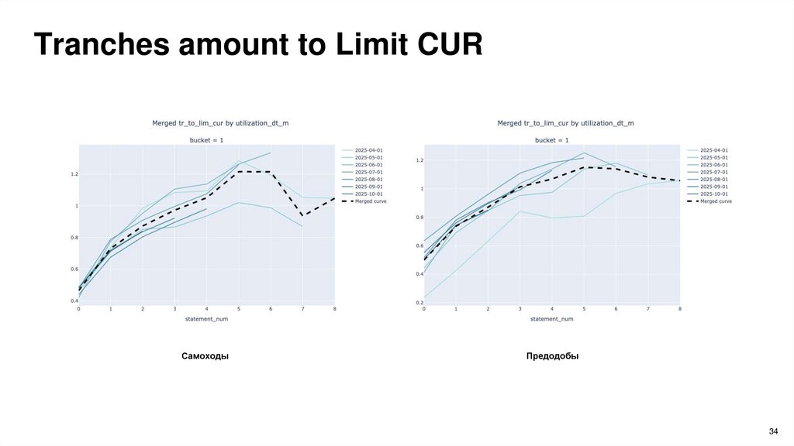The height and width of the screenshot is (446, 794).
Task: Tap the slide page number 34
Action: [x=772, y=431]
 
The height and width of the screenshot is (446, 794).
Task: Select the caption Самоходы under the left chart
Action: [x=205, y=356]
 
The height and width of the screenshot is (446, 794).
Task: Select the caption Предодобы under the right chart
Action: [x=552, y=356]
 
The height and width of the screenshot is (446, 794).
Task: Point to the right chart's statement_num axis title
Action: [x=552, y=319]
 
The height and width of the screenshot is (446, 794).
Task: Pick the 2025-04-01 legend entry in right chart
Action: [x=713, y=150]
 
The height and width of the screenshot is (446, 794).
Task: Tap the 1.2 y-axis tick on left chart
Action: [x=74, y=174]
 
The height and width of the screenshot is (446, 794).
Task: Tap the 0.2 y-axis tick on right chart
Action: [x=419, y=302]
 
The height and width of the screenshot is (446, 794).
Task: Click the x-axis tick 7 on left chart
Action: [x=302, y=309]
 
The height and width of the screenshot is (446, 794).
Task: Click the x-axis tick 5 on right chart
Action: [x=584, y=309]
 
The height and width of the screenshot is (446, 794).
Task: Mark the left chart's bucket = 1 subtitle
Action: [x=206, y=140]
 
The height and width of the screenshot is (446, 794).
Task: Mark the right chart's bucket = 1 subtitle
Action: [x=552, y=140]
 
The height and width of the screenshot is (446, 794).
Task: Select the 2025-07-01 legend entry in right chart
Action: [x=713, y=172]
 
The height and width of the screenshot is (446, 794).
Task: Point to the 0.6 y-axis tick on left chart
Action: [x=74, y=269]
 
